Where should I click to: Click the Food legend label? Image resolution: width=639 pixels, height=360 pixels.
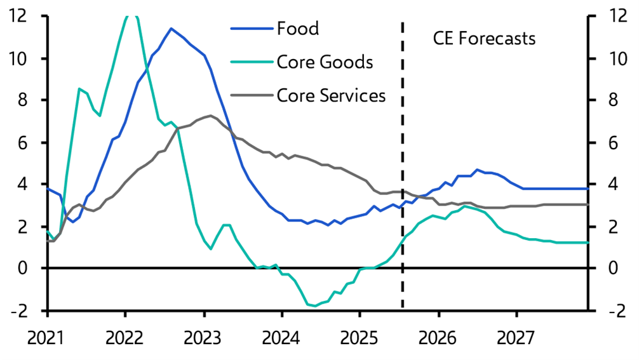pos(298,28)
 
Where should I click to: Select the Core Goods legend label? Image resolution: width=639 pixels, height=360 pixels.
pos(325,62)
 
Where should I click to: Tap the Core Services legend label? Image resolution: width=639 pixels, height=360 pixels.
pos(331,96)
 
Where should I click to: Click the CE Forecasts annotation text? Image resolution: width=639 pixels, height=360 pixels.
pos(484,38)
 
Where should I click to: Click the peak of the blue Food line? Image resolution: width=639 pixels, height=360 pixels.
pos(171,29)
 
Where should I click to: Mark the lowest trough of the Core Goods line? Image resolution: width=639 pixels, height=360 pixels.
pos(314,306)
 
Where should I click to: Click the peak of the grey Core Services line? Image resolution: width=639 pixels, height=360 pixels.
pos(210,116)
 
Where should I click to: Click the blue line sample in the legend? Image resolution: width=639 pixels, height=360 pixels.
pos(251,28)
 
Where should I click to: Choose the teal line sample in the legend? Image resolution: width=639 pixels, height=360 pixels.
pos(251,62)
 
